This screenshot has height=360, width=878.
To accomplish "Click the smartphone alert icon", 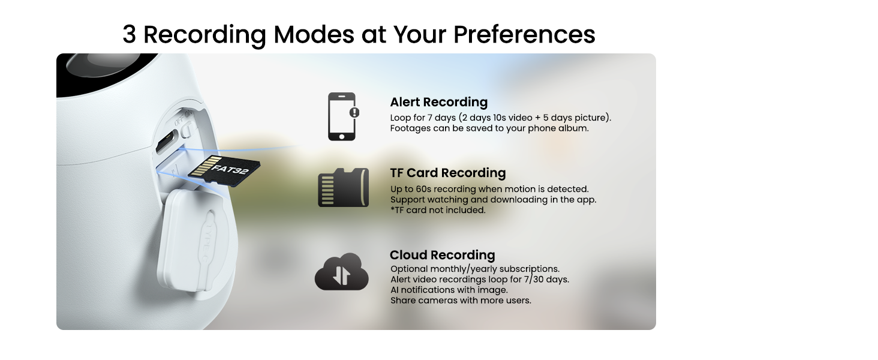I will [342, 117].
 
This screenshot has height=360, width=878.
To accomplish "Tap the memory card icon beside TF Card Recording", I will [343, 188].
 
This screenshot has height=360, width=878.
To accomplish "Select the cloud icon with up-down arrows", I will [341, 272].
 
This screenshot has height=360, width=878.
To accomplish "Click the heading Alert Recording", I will [438, 102].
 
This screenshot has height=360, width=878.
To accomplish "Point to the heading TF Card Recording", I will [447, 173].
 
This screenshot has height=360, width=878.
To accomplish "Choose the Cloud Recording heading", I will [442, 255].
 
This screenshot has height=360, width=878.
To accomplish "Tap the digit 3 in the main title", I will [129, 34].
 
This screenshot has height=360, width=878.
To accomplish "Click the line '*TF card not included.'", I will [438, 210].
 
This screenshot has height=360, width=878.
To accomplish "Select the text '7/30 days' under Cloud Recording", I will [547, 280].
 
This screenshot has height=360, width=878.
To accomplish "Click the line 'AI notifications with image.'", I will [449, 290].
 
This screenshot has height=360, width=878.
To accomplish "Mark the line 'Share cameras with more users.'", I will [461, 300].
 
